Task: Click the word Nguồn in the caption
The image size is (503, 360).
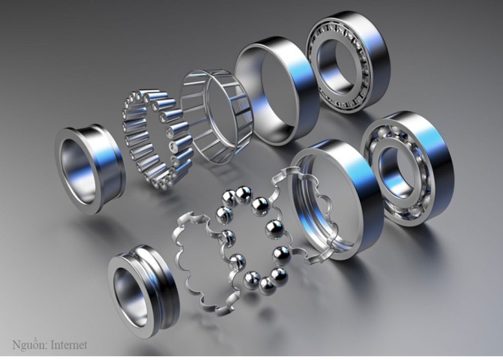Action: click(x=29, y=345)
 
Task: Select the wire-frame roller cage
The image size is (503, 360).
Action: click(x=216, y=117)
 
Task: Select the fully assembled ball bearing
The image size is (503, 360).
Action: click(x=407, y=169)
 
